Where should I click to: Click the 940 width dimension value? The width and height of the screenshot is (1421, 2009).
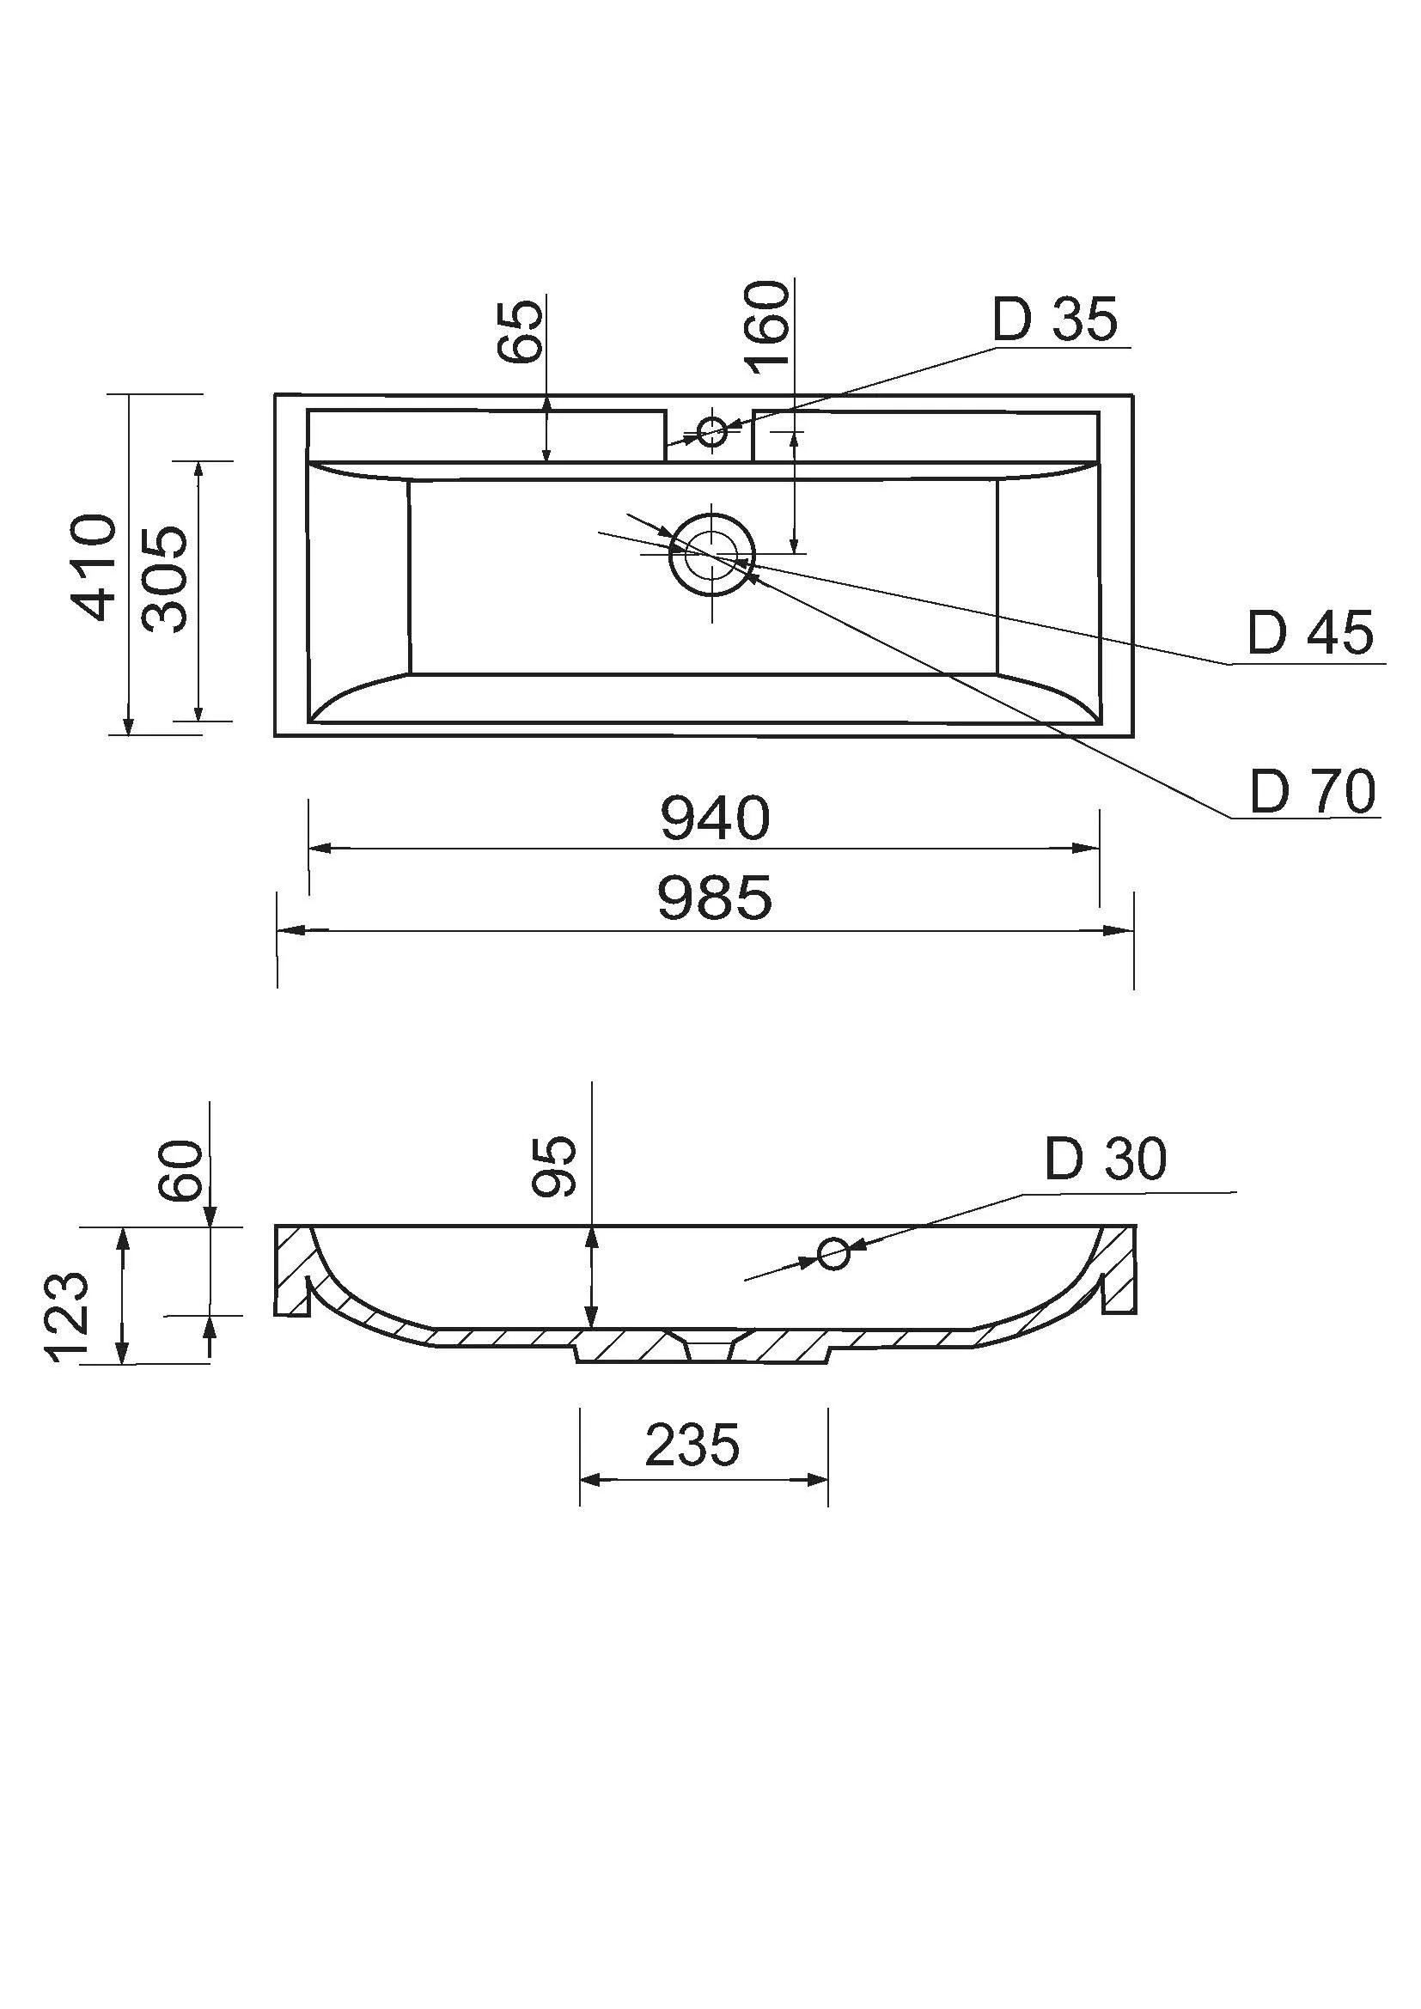(x=715, y=819)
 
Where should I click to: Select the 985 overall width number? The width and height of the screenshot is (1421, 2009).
(x=715, y=898)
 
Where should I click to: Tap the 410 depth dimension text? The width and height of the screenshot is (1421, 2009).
(x=94, y=568)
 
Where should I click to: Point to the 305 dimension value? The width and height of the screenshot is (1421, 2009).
(x=164, y=579)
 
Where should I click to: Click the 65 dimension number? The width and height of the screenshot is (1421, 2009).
(x=520, y=332)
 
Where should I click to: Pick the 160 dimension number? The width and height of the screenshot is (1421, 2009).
(x=767, y=327)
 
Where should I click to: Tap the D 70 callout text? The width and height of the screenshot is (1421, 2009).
(x=1313, y=792)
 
